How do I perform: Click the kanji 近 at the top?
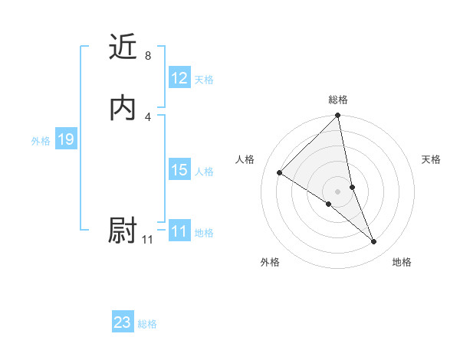point(123,47)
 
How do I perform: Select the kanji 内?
point(123,108)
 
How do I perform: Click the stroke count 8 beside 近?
point(147,56)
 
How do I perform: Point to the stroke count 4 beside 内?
point(147,116)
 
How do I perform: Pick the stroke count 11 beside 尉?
point(147,240)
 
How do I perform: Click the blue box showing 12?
point(179,78)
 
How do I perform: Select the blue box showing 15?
point(179,171)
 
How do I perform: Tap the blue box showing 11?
point(179,232)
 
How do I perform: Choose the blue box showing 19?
point(65,140)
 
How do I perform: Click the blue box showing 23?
point(123,322)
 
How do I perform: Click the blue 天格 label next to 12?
point(204,80)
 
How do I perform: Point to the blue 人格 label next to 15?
point(204,172)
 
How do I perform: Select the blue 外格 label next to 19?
point(41,141)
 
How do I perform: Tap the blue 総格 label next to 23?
point(147,324)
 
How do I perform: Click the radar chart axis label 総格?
point(338,100)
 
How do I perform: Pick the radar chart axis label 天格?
point(431,159)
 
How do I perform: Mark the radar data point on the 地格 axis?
point(374,242)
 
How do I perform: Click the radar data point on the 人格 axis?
point(280,172)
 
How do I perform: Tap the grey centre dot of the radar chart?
point(338,191)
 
